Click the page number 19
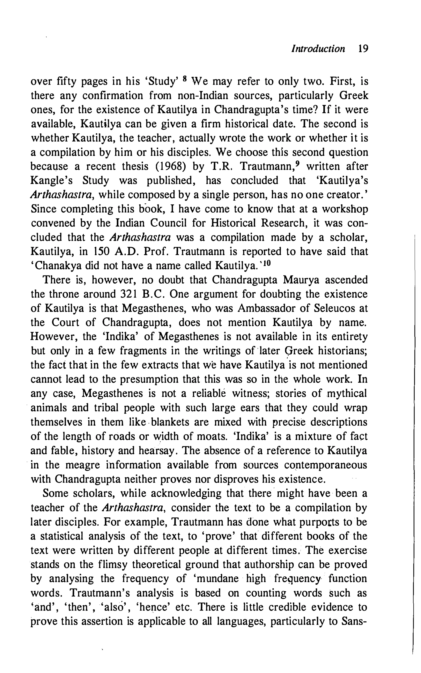(x=363, y=49)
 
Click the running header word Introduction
(x=318, y=49)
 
